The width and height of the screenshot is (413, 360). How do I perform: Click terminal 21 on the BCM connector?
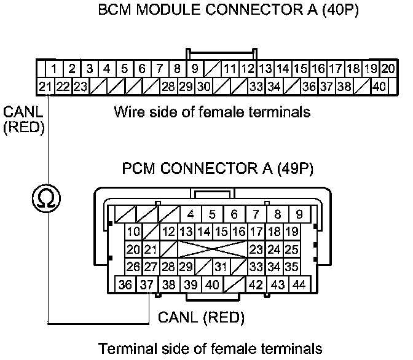point(44,87)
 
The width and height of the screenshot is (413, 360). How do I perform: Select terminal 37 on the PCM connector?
point(146,285)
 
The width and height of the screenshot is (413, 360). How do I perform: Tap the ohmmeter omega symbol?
point(47,200)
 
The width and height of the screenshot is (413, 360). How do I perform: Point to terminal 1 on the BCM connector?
point(54,69)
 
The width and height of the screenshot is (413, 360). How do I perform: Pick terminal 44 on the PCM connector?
point(301,285)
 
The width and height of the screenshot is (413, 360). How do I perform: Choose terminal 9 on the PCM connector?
point(299,214)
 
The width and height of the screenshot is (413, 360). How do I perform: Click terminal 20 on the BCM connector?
point(388,69)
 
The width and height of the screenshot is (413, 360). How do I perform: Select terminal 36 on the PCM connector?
point(125,285)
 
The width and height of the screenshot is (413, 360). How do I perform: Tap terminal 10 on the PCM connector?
point(133,232)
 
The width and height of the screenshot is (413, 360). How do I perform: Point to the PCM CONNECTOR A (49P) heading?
point(206,168)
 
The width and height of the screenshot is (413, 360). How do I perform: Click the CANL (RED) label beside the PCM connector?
point(201,318)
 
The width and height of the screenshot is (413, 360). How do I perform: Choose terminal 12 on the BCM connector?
point(248,69)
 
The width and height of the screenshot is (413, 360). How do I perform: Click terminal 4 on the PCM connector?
point(191,214)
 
